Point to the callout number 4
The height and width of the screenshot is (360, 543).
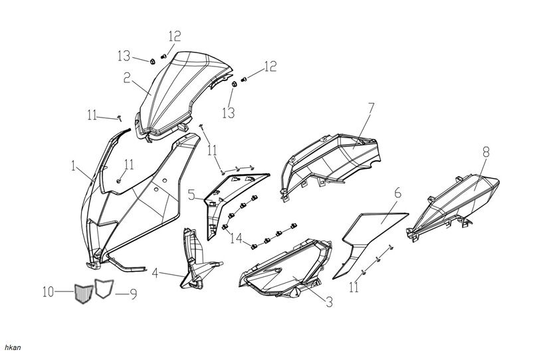pos(155,272)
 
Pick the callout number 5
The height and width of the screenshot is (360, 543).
pos(191,195)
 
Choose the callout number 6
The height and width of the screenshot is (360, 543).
pos(397,193)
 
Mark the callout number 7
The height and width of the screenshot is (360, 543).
pos(371,107)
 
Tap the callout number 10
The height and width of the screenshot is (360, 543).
pos(47,292)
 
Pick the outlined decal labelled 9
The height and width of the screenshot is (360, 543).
pos(103,288)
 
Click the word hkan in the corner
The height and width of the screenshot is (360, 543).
pos(13,347)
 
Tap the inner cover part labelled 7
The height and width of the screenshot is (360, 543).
pos(332,156)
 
